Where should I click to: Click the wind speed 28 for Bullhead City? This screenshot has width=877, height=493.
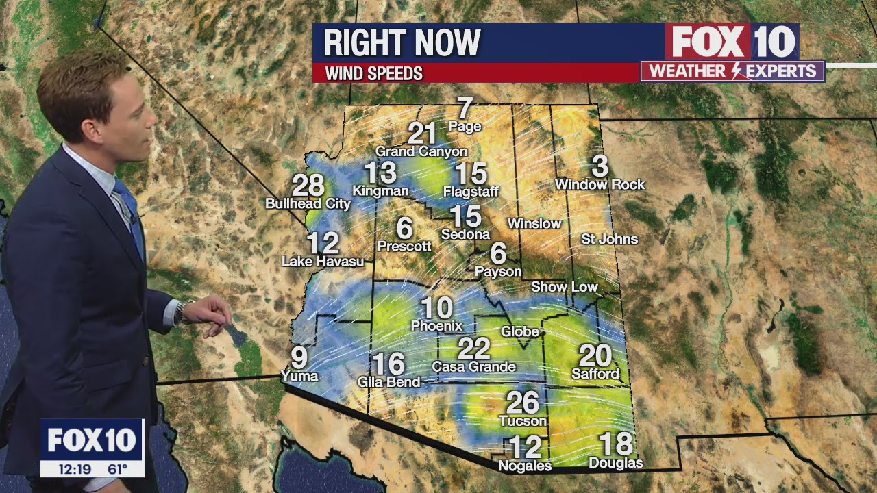click(308, 186)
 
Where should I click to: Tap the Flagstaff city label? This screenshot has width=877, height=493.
click(471, 192)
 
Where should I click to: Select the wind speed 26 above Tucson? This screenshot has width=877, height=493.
click(522, 403)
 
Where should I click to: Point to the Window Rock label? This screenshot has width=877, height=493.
click(600, 184)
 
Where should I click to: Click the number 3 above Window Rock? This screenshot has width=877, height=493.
click(600, 166)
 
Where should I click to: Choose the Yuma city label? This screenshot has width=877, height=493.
click(299, 375)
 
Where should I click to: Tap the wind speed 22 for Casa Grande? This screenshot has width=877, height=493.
click(473, 349)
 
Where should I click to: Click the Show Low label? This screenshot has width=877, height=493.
click(565, 287)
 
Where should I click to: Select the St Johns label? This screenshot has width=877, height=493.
click(609, 239)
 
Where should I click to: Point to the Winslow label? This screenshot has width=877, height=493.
click(534, 224)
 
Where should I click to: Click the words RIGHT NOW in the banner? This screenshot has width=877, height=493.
click(402, 43)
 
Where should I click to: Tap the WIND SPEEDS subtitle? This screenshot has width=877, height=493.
click(373, 73)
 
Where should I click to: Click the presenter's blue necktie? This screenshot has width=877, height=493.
click(131, 212)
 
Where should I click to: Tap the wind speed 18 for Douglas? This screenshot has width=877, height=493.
click(615, 444)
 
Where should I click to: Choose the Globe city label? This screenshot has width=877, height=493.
click(520, 331)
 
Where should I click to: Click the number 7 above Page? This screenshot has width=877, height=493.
click(465, 108)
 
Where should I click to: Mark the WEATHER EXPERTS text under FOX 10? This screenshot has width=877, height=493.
click(732, 71)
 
